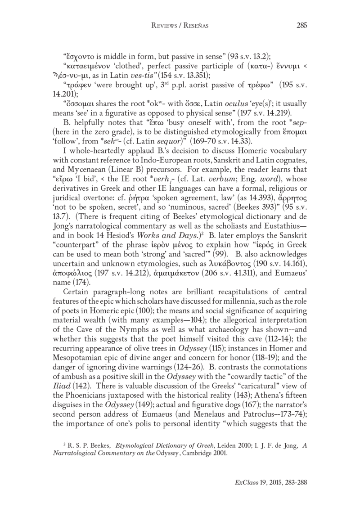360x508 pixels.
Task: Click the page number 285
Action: (301, 25)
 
